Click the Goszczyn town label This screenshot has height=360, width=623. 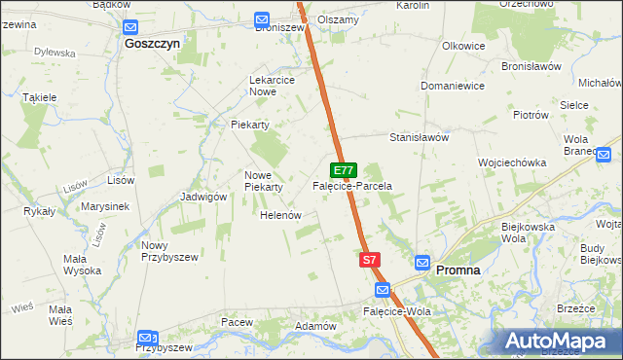point(153,44)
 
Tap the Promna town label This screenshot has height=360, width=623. point(458,270)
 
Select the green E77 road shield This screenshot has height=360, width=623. point(344,169)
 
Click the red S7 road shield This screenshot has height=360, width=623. point(369,260)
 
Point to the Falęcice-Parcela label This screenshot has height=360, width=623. point(351,185)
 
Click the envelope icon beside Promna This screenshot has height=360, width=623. point(422,263)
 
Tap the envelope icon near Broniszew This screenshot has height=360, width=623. point(262,19)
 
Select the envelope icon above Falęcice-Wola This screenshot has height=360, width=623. point(383,291)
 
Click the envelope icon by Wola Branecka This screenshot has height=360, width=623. point(604,154)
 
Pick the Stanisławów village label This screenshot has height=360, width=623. point(419,137)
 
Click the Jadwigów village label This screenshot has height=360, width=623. point(203,196)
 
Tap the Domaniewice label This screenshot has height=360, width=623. point(453,86)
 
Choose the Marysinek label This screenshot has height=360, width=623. point(106,206)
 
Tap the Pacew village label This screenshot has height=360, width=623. point(237,321)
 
